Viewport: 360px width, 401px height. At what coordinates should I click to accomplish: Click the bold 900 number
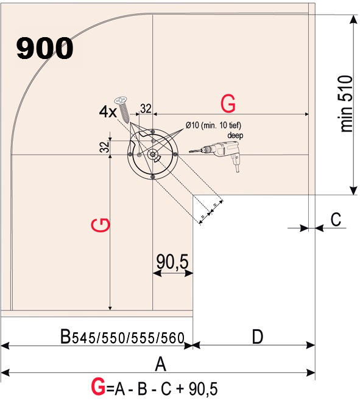pyautogui.click(x=45, y=48)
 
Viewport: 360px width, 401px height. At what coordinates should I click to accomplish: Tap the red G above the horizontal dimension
pyautogui.click(x=228, y=103)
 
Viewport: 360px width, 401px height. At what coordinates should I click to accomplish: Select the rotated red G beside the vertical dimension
pyautogui.click(x=101, y=225)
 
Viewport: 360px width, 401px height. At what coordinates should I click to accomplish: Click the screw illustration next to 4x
pyautogui.click(x=122, y=109)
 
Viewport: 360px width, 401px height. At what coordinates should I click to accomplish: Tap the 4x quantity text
pyautogui.click(x=107, y=112)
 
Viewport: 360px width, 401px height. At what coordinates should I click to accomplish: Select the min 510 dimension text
pyautogui.click(x=347, y=104)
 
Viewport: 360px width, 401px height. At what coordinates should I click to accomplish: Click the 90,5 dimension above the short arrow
pyautogui.click(x=172, y=262)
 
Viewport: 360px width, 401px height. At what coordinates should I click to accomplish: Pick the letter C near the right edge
pyautogui.click(x=336, y=219)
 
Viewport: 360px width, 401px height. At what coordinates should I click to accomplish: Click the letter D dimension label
pyautogui.click(x=257, y=336)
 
